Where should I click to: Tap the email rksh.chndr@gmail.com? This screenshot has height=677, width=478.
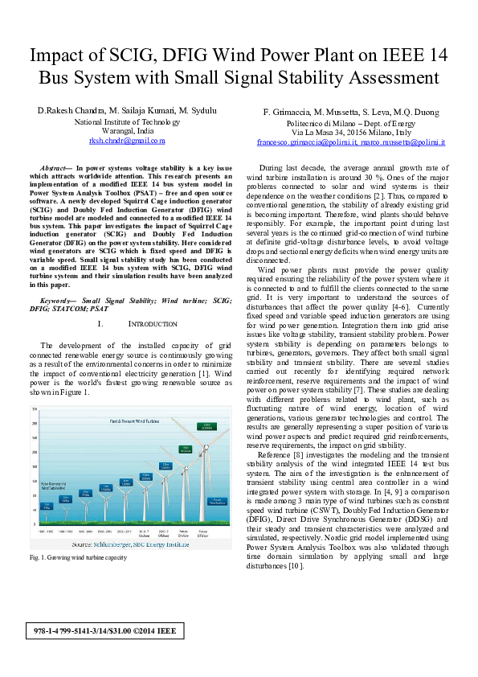tap(126, 141)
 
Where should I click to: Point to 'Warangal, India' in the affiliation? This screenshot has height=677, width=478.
tap(126, 130)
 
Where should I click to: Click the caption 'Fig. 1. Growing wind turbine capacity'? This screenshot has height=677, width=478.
tap(78, 557)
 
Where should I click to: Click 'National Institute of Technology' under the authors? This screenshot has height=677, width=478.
tap(126, 121)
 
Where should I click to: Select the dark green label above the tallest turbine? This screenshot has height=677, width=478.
tap(206, 427)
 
